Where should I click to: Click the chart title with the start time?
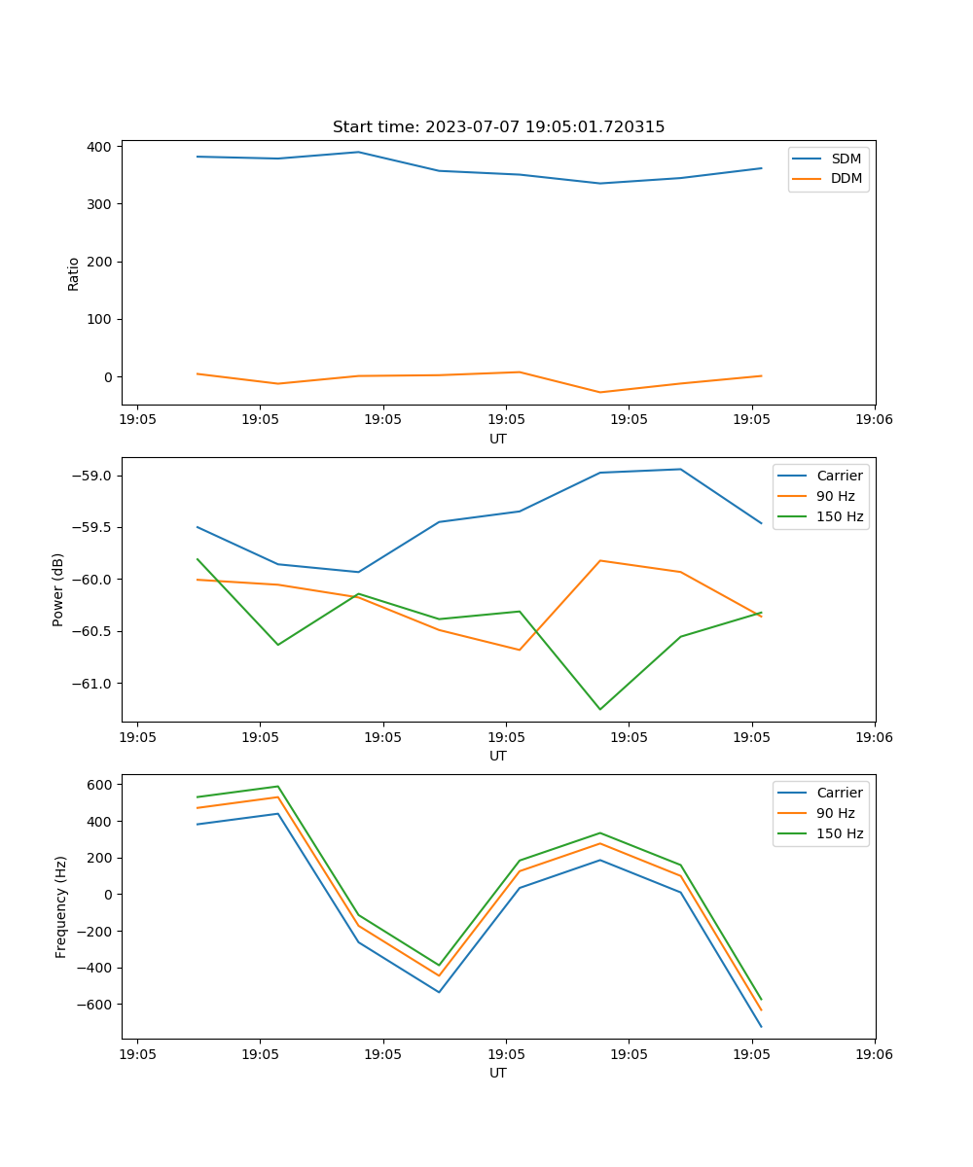(x=498, y=127)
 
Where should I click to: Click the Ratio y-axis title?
(x=74, y=273)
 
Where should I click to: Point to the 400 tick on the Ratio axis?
(x=101, y=146)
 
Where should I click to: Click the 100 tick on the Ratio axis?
(x=101, y=319)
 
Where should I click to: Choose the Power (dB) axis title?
(x=58, y=589)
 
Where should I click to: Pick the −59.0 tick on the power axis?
(x=92, y=476)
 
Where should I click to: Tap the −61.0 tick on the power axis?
(x=92, y=683)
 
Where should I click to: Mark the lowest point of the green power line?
(x=599, y=709)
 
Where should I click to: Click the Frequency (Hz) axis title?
(x=61, y=906)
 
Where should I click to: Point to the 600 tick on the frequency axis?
(x=102, y=784)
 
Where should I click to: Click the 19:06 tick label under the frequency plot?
(x=875, y=1054)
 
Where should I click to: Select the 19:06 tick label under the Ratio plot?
(x=875, y=420)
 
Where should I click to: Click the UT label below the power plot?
(x=498, y=756)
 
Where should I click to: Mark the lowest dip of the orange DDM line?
(x=599, y=392)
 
